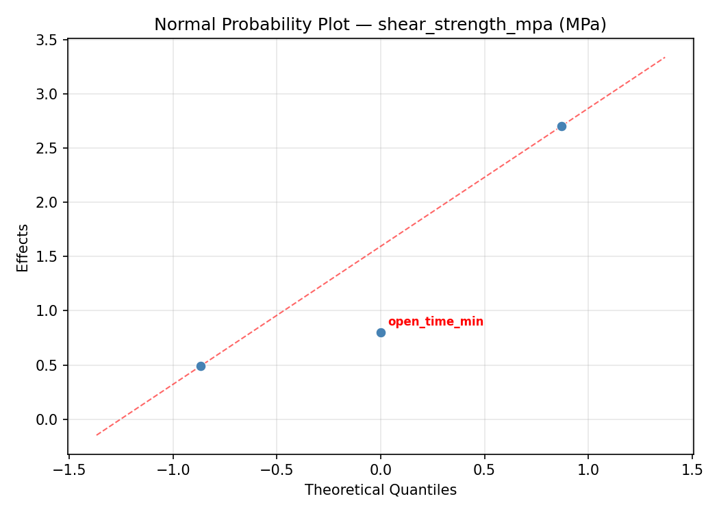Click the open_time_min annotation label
[436, 322]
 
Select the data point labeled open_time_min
[381, 332]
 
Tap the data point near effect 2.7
[562, 126]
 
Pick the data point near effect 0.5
[201, 366]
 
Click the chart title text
[380, 25]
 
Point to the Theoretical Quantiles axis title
[380, 490]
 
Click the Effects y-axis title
[23, 247]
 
